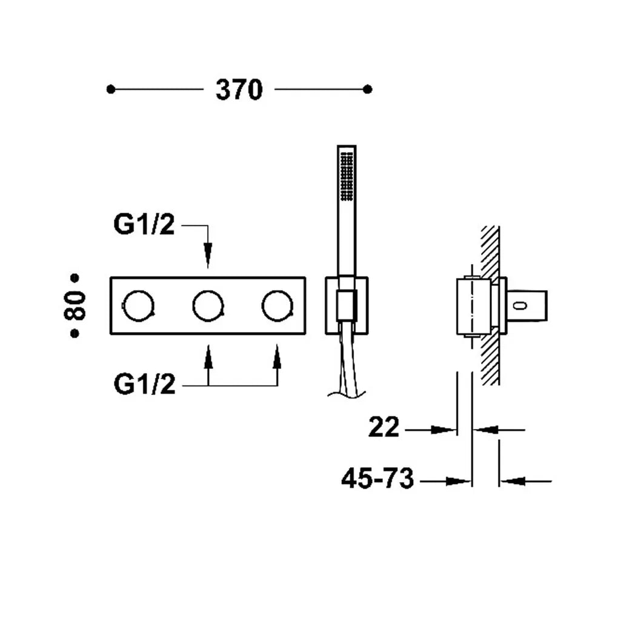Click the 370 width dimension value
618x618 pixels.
pyautogui.click(x=239, y=90)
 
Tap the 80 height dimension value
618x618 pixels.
pyautogui.click(x=75, y=305)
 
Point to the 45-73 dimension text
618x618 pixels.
pyautogui.click(x=377, y=478)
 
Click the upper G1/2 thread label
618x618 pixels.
pyautogui.click(x=144, y=224)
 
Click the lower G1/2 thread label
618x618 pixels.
pyautogui.click(x=144, y=384)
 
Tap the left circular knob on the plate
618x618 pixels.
pyautogui.click(x=138, y=306)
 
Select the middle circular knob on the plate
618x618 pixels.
pyautogui.click(x=208, y=306)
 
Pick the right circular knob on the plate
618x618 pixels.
pyautogui.click(x=277, y=306)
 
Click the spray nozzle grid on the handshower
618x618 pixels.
pyautogui.click(x=347, y=176)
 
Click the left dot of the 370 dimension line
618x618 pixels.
pyautogui.click(x=111, y=90)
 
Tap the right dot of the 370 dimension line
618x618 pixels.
pyautogui.click(x=367, y=90)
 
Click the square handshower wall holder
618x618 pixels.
pyautogui.click(x=347, y=306)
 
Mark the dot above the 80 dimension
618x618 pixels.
pyautogui.click(x=75, y=278)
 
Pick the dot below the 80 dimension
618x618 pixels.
pyautogui.click(x=75, y=333)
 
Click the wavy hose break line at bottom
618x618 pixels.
pyautogui.click(x=347, y=394)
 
